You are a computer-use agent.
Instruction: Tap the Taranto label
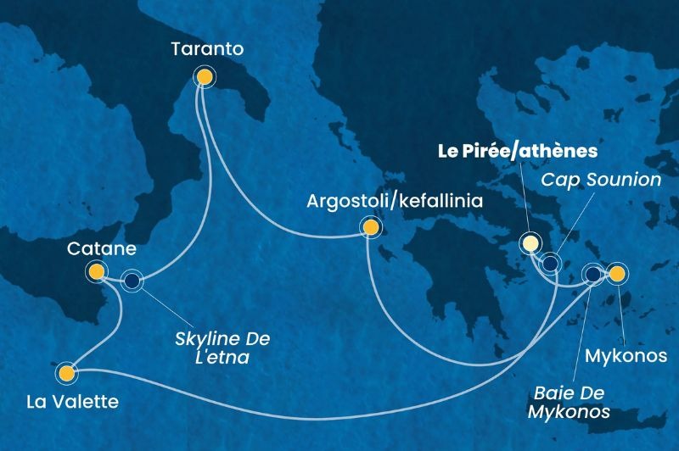point(207,50)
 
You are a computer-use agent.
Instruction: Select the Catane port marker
point(96,271)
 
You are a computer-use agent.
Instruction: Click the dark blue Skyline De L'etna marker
point(132,281)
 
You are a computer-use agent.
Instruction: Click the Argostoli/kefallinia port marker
point(369,226)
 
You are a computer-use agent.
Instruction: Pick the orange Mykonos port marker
point(617,273)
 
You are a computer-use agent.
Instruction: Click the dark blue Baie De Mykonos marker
point(593,274)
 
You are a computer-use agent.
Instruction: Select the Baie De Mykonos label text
point(572,402)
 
